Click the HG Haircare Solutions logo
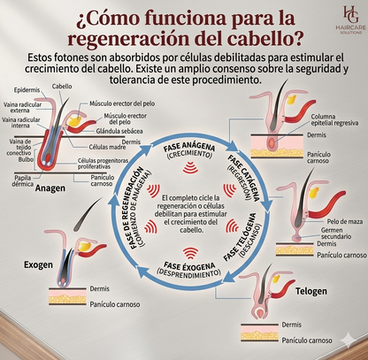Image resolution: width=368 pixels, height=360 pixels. [x=350, y=20]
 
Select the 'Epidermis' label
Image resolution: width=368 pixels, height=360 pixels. [x=27, y=90]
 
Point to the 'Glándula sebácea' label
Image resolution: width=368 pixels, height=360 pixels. [x=119, y=131]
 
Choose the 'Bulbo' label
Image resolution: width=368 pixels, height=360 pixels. [x=26, y=159]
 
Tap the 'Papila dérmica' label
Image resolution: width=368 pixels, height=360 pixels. [x=23, y=181]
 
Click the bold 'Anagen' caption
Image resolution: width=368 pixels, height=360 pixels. [x=50, y=188]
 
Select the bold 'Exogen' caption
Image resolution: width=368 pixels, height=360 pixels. [x=38, y=264]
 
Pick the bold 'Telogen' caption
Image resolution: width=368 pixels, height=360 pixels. [x=311, y=291]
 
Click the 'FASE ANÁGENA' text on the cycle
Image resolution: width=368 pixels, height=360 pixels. [x=189, y=148]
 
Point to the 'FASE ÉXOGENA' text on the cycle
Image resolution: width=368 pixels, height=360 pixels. [x=189, y=265]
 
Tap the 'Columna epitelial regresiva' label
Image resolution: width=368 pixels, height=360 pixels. [x=334, y=119]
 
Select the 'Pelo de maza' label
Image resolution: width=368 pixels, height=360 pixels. [x=345, y=221]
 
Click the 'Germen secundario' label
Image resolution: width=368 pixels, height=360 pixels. [x=335, y=234]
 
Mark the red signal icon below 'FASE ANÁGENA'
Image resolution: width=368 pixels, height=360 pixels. [x=190, y=167]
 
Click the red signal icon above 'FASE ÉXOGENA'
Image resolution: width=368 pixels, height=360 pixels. [x=190, y=253]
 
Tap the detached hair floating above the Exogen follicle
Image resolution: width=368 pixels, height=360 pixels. [x=88, y=214]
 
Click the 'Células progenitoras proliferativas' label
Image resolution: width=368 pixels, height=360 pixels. [x=103, y=164]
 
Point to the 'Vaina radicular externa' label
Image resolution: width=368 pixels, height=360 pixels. [x=22, y=108]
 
